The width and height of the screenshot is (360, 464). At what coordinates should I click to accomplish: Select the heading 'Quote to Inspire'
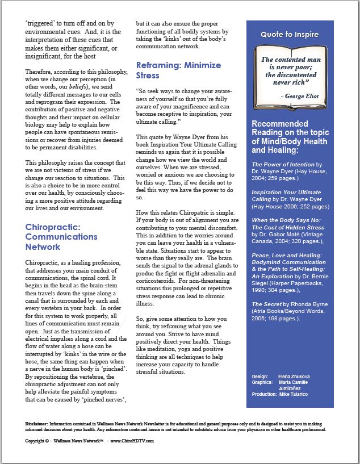(290, 35)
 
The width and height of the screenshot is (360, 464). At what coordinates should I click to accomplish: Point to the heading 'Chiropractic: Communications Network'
(61, 237)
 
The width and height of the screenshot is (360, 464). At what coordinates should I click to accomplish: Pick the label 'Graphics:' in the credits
(263, 383)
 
